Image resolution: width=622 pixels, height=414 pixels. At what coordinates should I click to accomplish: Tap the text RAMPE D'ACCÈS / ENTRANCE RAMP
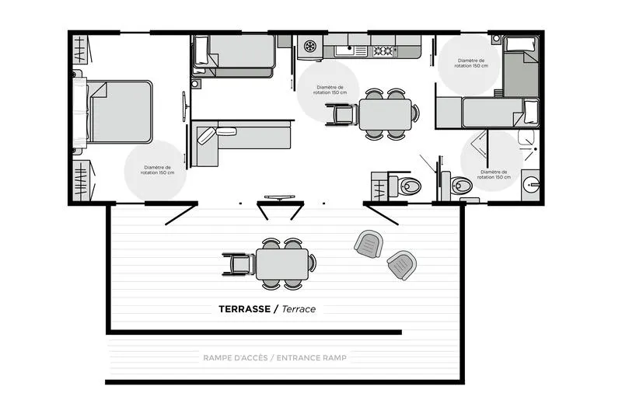point(274,358)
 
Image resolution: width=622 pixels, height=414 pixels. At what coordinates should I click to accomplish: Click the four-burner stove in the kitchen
point(384,51)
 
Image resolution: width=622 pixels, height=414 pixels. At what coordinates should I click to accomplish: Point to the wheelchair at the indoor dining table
point(343,113)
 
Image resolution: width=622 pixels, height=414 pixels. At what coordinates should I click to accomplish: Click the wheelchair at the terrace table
point(239,263)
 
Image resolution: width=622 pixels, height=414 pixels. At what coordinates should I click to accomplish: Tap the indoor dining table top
point(385,114)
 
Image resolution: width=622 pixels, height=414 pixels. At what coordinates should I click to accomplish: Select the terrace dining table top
point(281,264)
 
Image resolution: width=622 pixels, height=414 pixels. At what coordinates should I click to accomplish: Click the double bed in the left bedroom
point(120,111)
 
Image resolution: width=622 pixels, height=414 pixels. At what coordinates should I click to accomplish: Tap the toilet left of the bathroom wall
point(408,186)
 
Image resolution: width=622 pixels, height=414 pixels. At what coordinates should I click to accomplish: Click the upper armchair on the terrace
point(369,245)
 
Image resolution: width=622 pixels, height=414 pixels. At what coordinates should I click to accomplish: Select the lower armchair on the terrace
point(401,265)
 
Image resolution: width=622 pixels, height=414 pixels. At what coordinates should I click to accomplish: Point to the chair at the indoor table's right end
point(416,113)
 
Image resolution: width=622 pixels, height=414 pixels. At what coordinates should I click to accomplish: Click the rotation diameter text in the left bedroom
point(162,170)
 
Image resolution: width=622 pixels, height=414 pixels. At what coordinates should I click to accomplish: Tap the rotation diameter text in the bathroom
point(496,174)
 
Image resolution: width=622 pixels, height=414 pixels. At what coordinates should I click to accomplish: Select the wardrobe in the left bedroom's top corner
point(82,50)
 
